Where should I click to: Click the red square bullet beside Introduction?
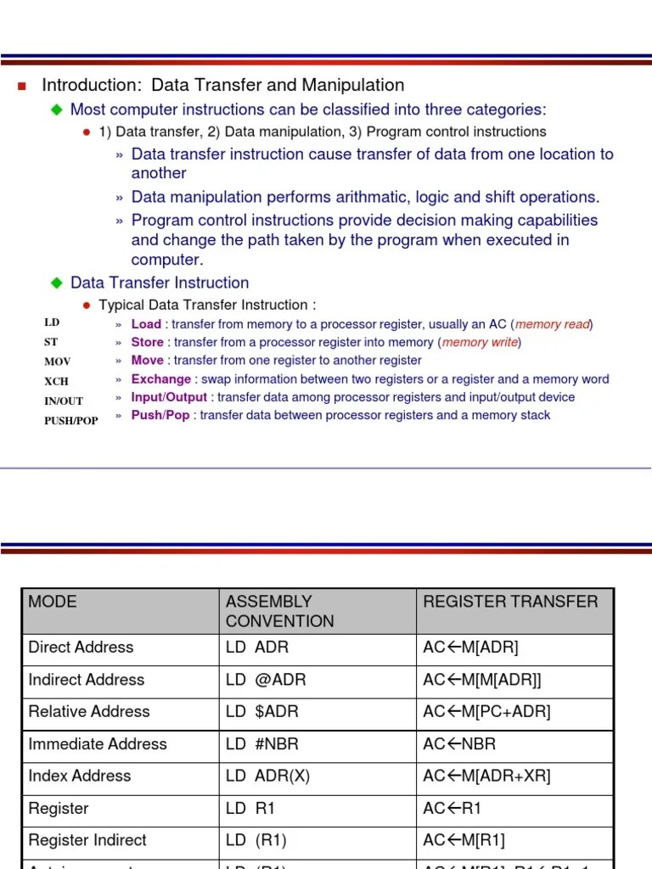[23, 86]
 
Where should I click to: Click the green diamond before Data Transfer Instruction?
[57, 283]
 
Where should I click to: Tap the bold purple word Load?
[146, 324]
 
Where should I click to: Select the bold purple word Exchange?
[160, 379]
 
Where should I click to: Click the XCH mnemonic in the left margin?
[57, 380]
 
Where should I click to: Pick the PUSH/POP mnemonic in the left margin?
[71, 421]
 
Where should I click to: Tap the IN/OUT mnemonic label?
[64, 401]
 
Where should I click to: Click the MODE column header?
[53, 602]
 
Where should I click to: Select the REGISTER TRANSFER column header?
[510, 602]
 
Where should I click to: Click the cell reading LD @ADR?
[266, 680]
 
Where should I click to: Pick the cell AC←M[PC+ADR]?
[486, 712]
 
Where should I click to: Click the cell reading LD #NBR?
[262, 744]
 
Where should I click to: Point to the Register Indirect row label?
[87, 840]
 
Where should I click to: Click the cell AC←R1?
[452, 809]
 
